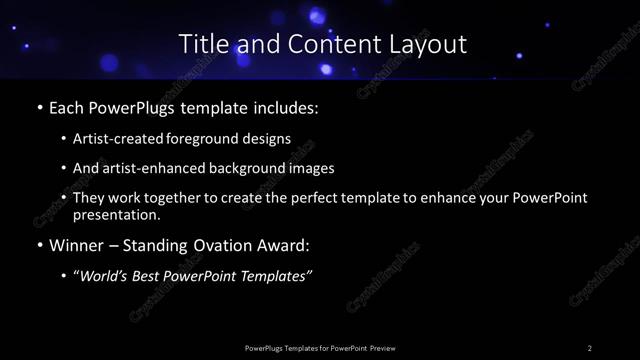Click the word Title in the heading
point(201,44)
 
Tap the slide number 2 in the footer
point(590,348)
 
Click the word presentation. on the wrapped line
point(115,214)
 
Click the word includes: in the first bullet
point(289,105)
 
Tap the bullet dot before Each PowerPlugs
point(38,105)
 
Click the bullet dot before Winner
point(38,245)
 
